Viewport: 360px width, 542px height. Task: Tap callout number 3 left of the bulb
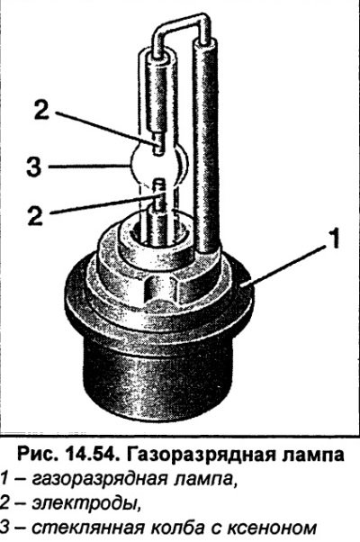click(x=34, y=167)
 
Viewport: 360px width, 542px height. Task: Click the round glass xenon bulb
click(x=157, y=164)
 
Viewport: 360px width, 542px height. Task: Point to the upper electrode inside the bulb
click(x=157, y=144)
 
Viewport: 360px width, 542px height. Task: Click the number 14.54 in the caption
click(x=89, y=454)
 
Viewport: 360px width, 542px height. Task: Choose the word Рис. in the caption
click(x=36, y=455)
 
